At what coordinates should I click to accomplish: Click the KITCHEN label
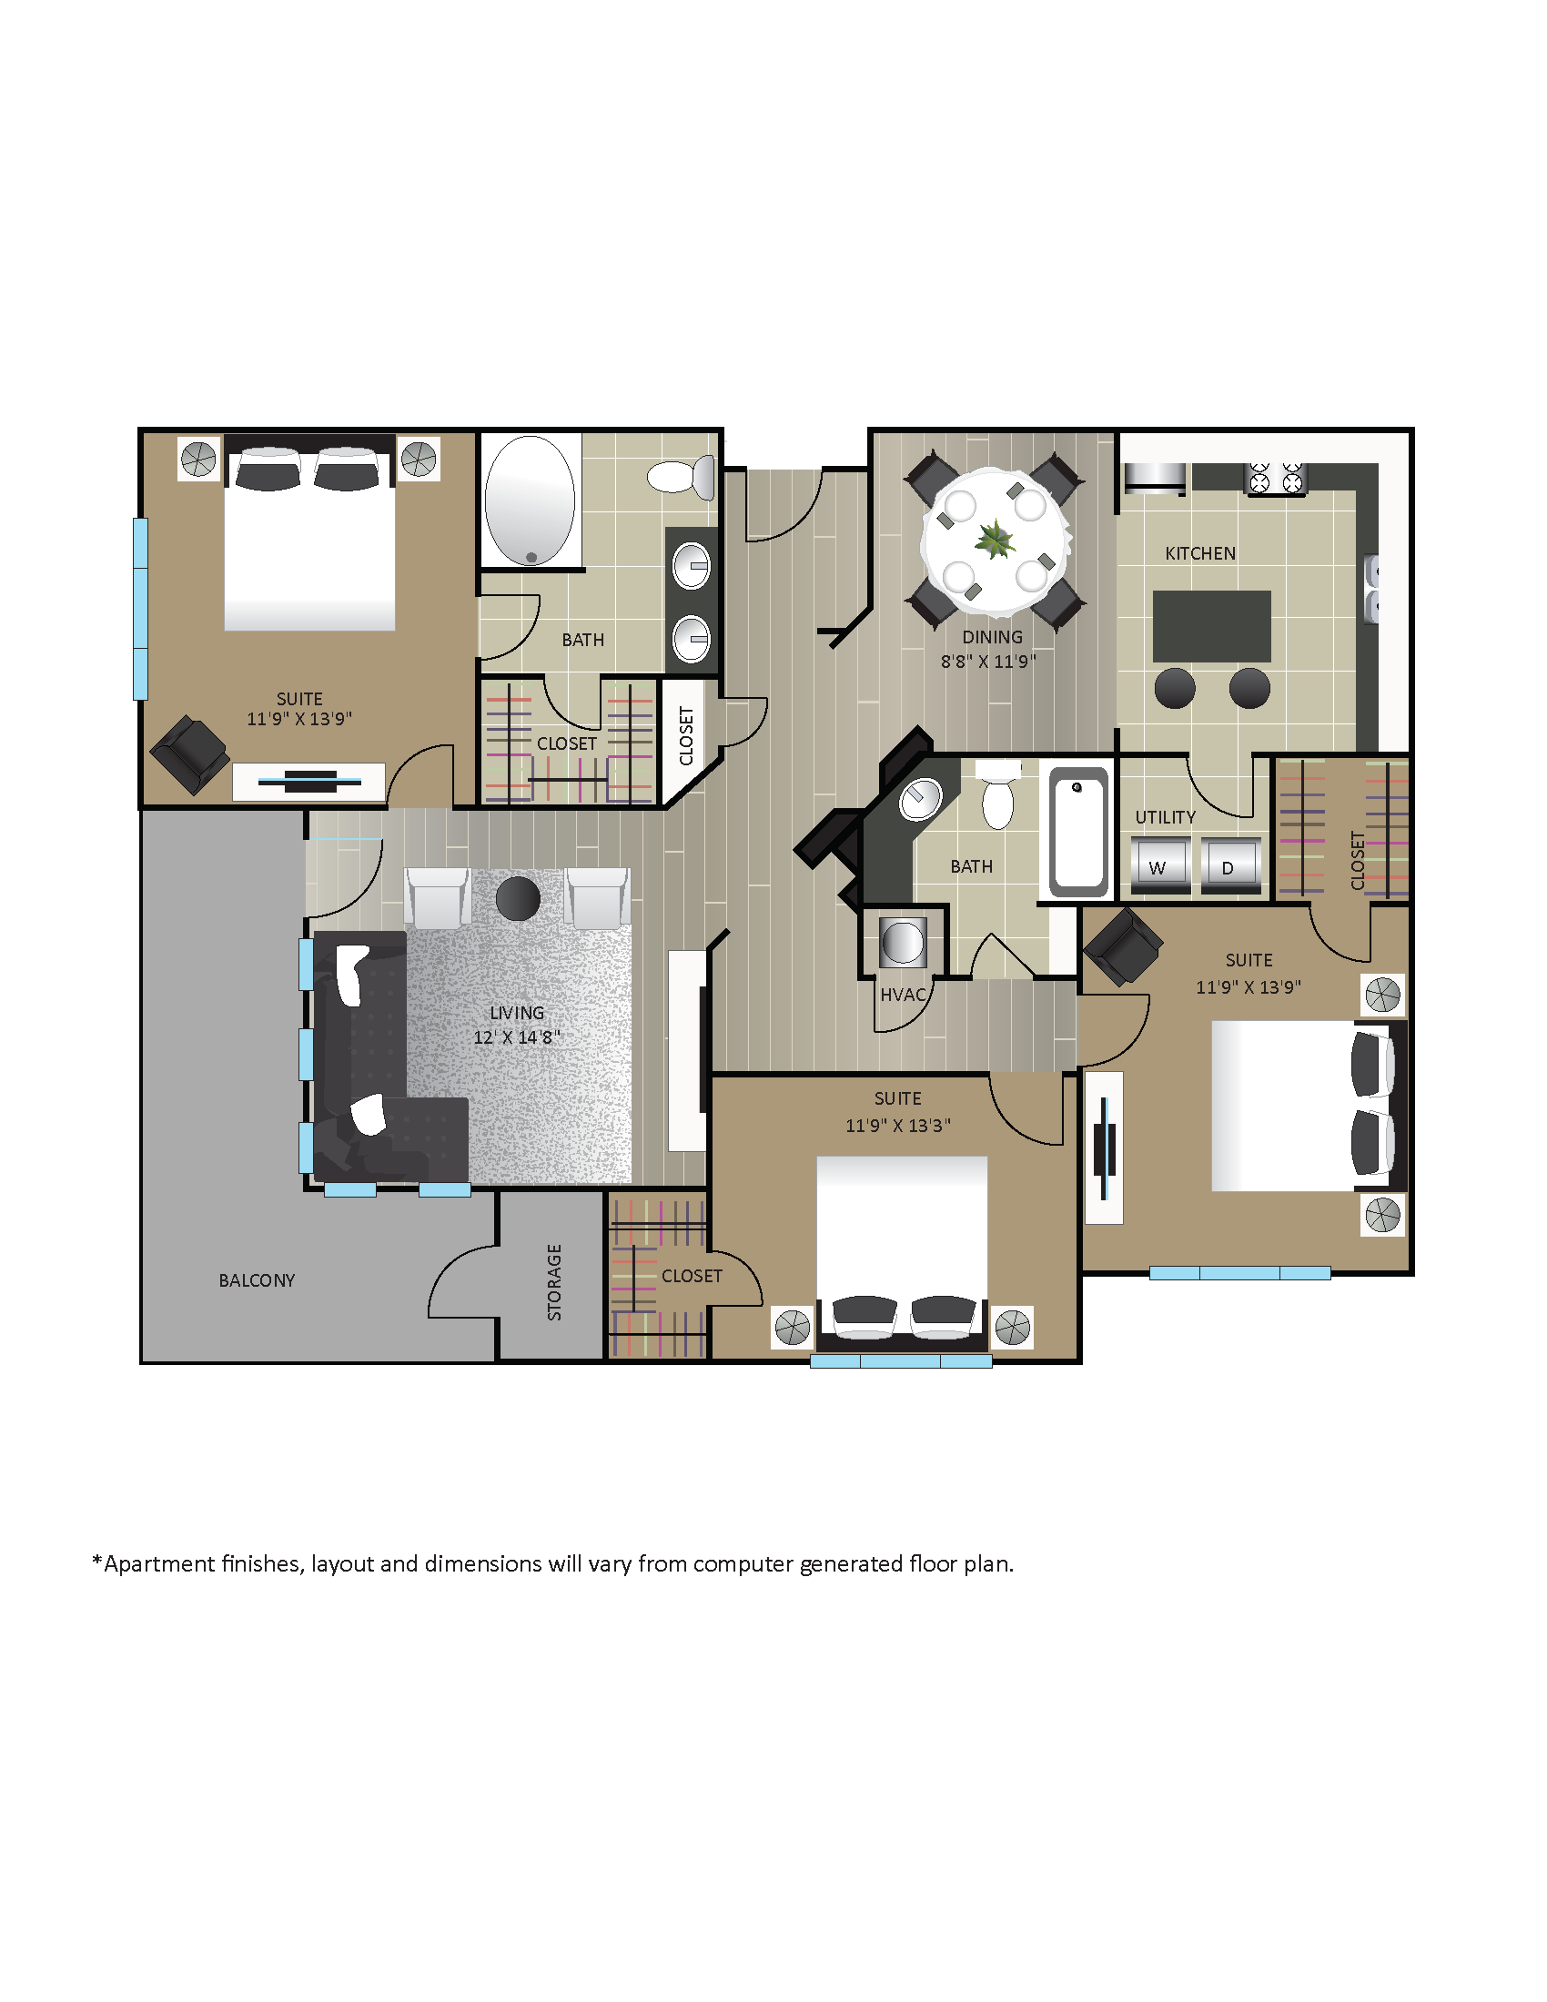point(1199,552)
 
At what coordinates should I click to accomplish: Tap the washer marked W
point(1159,864)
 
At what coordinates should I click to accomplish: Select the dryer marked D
point(1229,864)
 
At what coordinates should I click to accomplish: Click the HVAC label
point(903,995)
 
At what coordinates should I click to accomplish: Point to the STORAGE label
point(554,1281)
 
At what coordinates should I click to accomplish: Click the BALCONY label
point(257,1280)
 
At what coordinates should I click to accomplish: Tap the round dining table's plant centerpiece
point(995,539)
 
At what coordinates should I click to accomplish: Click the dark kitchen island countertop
point(1210,625)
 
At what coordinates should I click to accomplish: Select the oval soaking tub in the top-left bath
point(530,500)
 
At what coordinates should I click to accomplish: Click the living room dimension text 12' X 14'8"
point(516,1036)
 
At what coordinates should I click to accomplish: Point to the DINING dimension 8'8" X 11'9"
point(988,661)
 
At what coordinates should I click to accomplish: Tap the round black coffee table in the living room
point(518,898)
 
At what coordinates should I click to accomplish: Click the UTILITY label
point(1165,817)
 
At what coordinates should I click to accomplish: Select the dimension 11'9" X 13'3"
point(897,1125)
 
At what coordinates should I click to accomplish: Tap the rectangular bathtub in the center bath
point(1078,832)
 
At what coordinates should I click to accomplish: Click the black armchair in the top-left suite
point(189,753)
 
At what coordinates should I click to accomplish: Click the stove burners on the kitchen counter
point(1275,478)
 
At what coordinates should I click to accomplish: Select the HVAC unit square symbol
point(902,943)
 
